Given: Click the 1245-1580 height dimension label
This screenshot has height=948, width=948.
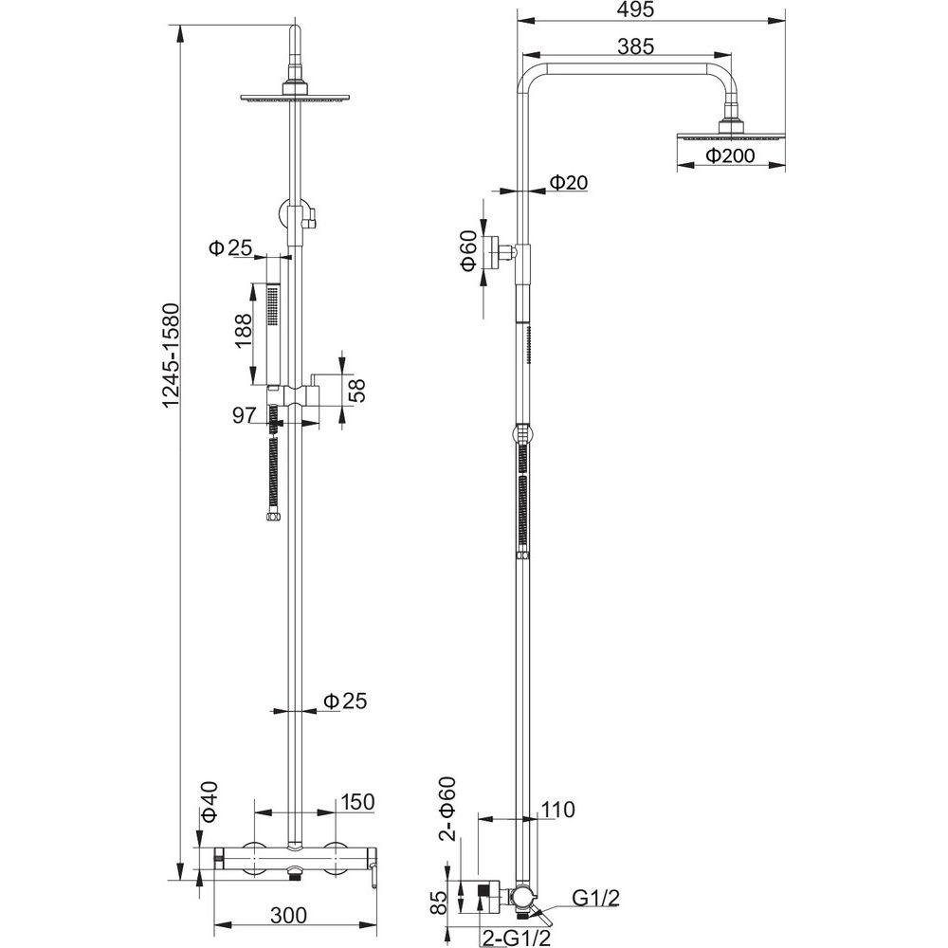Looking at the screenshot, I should tap(172, 343).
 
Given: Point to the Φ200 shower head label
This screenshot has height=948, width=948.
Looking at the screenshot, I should tap(730, 157).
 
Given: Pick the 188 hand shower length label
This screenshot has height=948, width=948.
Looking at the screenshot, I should tap(244, 334).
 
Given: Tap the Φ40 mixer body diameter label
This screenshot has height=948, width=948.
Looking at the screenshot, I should tap(210, 800).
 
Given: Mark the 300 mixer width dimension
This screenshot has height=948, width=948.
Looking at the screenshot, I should tap(288, 915).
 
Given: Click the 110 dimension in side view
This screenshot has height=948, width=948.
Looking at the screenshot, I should tap(557, 810).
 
